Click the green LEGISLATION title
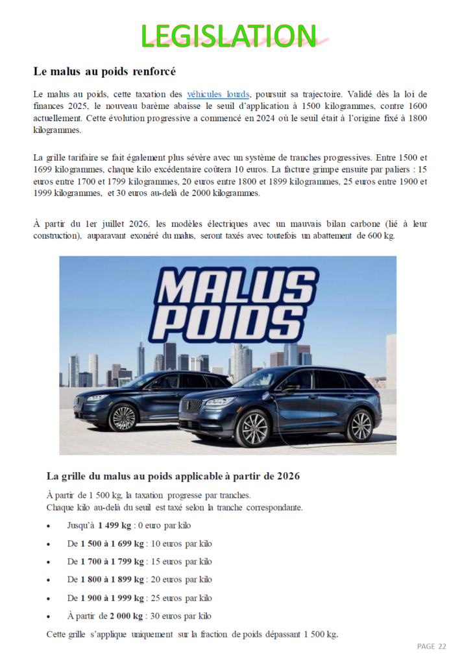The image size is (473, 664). tap(229, 36)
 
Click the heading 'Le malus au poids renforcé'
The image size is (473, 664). tap(104, 71)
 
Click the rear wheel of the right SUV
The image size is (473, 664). tap(360, 425)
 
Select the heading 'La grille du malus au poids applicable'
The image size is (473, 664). tap(173, 476)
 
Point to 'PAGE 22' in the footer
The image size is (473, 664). tap(431, 646)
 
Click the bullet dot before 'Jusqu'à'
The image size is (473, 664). tap(49, 526)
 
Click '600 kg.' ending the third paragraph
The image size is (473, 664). tap(381, 236)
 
